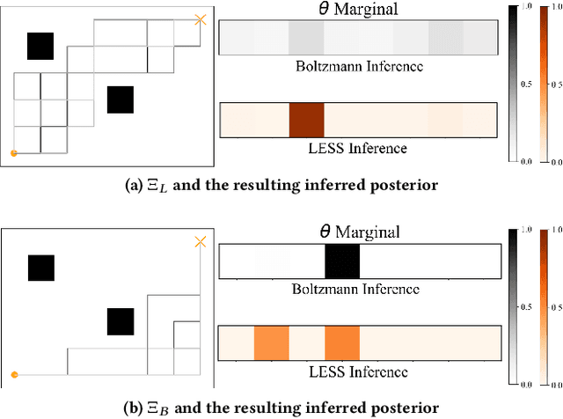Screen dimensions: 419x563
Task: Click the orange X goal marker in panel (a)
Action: click(x=201, y=18)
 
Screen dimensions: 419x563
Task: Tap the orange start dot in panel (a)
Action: click(x=13, y=153)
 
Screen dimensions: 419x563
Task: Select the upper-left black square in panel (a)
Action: click(x=40, y=46)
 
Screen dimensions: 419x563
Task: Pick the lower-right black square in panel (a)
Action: click(x=120, y=99)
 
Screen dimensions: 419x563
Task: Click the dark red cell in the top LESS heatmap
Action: click(x=307, y=120)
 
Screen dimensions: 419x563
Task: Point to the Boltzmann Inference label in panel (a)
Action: click(x=358, y=68)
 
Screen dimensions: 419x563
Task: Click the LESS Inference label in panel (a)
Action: click(x=358, y=148)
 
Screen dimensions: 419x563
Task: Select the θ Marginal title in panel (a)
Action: click(x=359, y=9)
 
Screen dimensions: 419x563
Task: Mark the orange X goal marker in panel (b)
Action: click(x=201, y=241)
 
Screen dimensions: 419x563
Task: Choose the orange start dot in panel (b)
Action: click(x=13, y=375)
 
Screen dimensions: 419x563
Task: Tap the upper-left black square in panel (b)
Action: click(x=40, y=268)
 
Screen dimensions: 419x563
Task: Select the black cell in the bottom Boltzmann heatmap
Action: click(x=342, y=262)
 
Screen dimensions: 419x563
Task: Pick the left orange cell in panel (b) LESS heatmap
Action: click(x=272, y=342)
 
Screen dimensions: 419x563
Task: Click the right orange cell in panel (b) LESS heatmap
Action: click(x=342, y=342)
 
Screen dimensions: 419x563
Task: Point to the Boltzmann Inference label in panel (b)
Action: click(x=358, y=290)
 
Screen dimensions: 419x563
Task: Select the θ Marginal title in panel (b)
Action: click(x=359, y=232)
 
